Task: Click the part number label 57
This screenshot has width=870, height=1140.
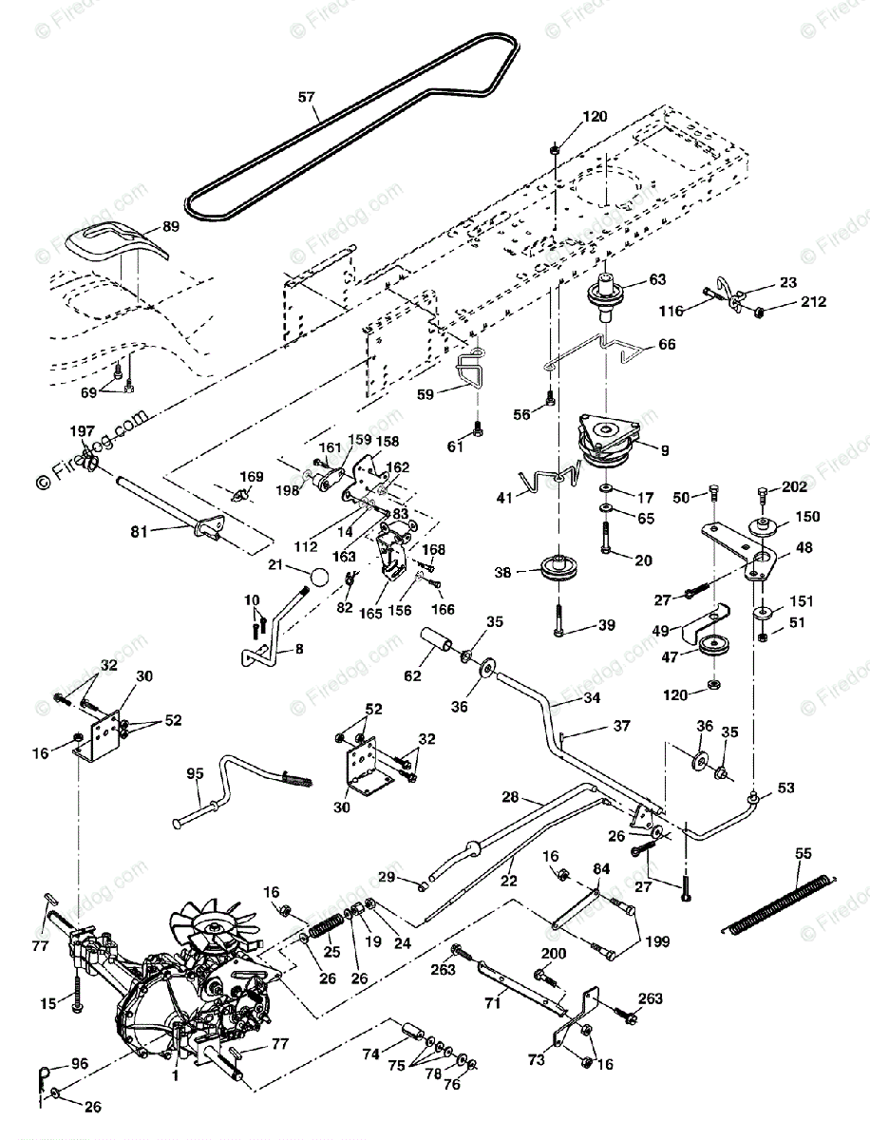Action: (x=305, y=97)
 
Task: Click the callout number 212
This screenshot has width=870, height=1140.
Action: (x=813, y=303)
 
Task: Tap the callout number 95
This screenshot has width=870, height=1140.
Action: (x=194, y=774)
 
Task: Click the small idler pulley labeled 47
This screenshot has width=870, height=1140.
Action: (x=711, y=649)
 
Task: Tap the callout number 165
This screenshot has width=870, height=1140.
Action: (x=370, y=614)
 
